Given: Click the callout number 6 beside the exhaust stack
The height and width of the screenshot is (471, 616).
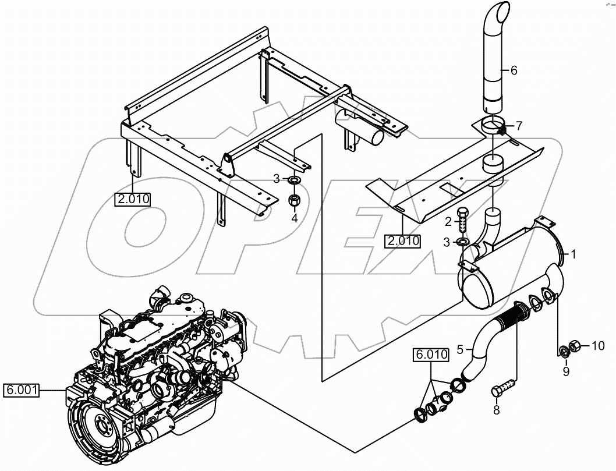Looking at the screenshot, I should click(x=513, y=70).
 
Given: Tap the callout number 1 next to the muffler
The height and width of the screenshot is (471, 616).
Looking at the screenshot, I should click(x=573, y=254).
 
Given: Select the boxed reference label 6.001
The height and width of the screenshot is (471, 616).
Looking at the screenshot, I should click(x=22, y=390).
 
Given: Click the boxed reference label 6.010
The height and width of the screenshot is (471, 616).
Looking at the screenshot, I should click(x=431, y=354).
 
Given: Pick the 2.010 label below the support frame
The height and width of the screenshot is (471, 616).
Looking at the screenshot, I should click(x=133, y=199).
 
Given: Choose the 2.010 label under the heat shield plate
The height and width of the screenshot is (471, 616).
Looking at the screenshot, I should click(x=402, y=240).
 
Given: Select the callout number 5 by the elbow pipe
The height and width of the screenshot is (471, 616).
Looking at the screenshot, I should click(x=460, y=349).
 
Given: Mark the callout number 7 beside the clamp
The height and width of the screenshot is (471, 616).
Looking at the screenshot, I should click(x=519, y=125).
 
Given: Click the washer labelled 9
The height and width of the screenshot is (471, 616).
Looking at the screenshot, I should click(x=564, y=352).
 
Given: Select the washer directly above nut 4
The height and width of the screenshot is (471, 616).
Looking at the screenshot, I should click(x=294, y=179).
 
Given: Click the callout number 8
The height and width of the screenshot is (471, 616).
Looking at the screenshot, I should click(x=496, y=410).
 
